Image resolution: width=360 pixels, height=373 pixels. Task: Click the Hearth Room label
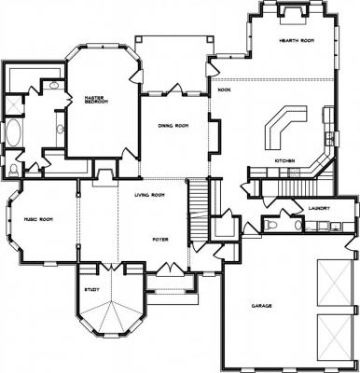297,41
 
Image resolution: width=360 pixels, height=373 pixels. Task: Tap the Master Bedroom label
96,100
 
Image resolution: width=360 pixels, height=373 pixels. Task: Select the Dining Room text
173,126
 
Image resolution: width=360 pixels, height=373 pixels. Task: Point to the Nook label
224,90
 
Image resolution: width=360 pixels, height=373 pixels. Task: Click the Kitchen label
284,160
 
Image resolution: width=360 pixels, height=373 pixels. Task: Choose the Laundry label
319,208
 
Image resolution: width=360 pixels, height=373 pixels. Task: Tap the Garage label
261,306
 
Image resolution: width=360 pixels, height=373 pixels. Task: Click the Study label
92,290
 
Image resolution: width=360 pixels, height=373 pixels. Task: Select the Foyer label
160,240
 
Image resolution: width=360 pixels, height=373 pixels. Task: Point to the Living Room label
149,195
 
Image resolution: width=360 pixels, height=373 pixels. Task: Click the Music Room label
38,219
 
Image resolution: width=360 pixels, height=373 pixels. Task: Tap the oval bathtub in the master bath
14,132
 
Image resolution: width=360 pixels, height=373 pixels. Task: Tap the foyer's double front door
168,269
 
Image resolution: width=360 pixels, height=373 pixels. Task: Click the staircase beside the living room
199,209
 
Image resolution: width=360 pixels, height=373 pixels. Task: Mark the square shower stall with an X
14,104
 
